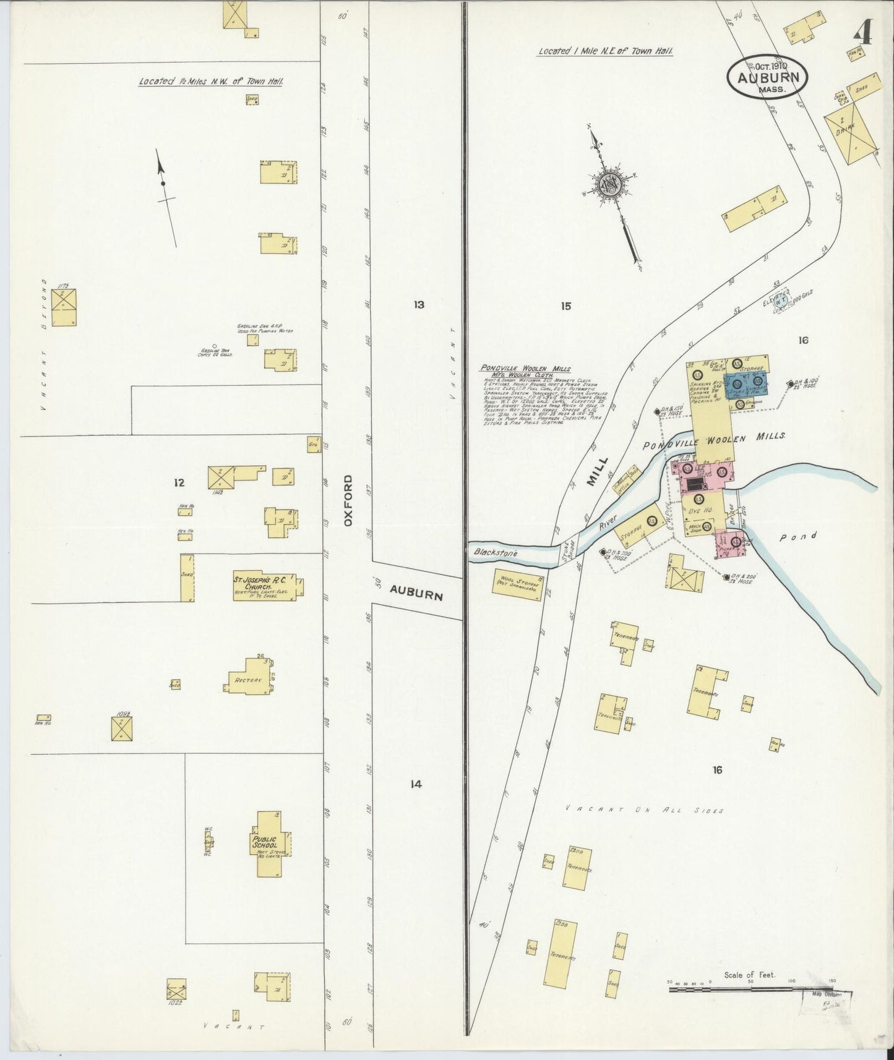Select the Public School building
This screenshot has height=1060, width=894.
coord(272,844)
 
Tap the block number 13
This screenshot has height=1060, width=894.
coord(419,304)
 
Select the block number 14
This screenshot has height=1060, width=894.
coord(416,784)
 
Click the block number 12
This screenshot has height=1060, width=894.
coord(179,482)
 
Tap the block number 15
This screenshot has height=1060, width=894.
coord(565,306)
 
